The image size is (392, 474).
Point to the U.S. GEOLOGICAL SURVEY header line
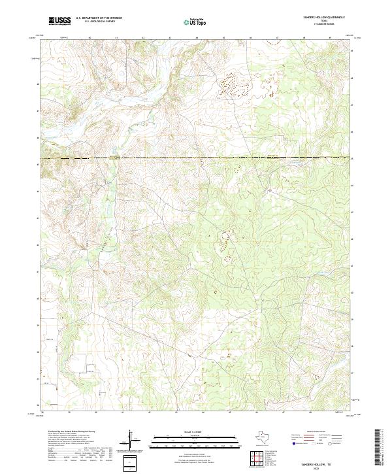pos(95,22)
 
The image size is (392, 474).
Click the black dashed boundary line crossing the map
pos(196,158)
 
